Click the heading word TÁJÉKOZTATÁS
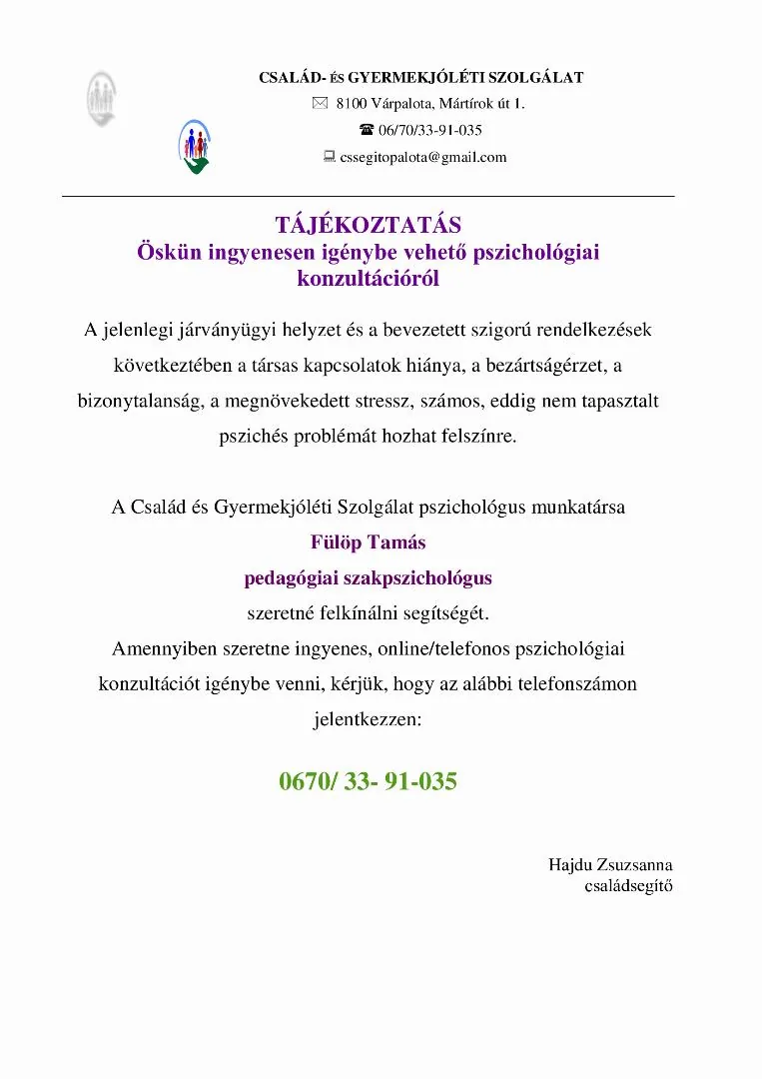point(368,225)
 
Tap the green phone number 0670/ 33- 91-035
point(368,781)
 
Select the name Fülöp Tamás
point(368,542)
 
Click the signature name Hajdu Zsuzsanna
point(610,864)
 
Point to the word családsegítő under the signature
point(628,885)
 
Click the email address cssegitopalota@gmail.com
point(423,157)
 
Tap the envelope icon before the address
point(320,103)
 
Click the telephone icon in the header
point(367,130)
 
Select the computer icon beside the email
point(329,157)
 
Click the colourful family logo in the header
point(196,146)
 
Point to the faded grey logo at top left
point(100,98)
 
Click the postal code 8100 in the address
point(352,103)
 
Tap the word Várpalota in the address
point(401,103)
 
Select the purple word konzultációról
point(368,279)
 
